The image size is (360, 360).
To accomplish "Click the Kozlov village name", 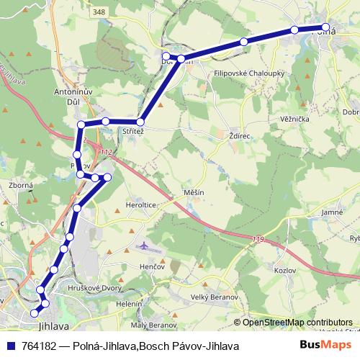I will point(285,269).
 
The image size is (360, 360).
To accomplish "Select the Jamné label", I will point(332,213).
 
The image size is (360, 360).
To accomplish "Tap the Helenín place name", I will point(129,304).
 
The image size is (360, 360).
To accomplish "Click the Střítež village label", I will point(133,132).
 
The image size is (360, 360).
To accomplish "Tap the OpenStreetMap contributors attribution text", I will point(297,322).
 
